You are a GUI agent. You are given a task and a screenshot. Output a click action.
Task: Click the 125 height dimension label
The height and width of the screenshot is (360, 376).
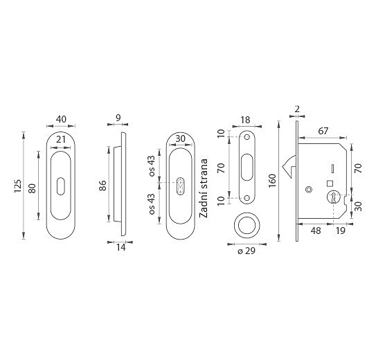(x=18, y=186)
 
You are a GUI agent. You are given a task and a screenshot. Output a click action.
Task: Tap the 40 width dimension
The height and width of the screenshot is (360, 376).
(x=61, y=119)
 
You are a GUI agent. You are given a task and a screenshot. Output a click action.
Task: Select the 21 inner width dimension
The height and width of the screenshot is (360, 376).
(x=61, y=139)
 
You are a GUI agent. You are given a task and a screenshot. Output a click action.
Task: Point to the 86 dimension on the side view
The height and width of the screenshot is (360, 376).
(x=102, y=186)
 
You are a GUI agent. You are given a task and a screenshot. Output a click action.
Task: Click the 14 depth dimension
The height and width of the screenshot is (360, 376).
(x=121, y=247)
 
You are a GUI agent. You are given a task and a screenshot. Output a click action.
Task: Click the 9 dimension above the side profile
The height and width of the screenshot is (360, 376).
(x=118, y=118)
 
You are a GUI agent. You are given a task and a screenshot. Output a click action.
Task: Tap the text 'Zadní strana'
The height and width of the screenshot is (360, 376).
(x=204, y=188)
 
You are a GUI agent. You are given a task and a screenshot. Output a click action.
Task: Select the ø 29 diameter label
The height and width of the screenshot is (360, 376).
(x=247, y=251)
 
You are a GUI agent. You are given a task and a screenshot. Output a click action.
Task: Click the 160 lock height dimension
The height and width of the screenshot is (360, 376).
(x=272, y=181)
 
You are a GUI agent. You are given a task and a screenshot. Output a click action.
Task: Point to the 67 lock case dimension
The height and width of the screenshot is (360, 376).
(x=323, y=131)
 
